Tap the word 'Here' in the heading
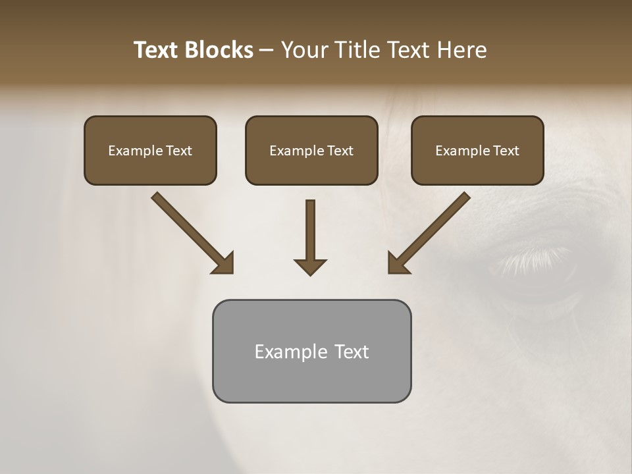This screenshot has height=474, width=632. tap(462, 50)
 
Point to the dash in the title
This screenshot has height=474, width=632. tap(267, 50)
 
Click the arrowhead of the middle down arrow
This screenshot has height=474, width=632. tap(310, 266)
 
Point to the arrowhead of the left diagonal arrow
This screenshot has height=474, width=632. tap(224, 263)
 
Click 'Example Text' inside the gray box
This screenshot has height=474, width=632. tap(311, 352)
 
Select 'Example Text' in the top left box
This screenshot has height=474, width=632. tap(150, 151)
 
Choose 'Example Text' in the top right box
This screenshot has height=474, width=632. tap(477, 151)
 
